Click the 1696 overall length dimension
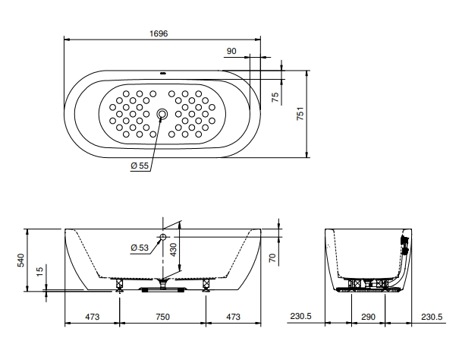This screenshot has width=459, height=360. click(159, 34)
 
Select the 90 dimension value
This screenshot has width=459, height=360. click(231, 51)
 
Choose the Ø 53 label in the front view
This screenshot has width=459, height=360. click(140, 248)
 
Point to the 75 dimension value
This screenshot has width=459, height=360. click(275, 96)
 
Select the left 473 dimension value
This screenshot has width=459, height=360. click(92, 316)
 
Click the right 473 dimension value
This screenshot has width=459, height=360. click(234, 316)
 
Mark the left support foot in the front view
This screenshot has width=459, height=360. click(119, 286)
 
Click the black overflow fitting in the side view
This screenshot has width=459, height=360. click(405, 246)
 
